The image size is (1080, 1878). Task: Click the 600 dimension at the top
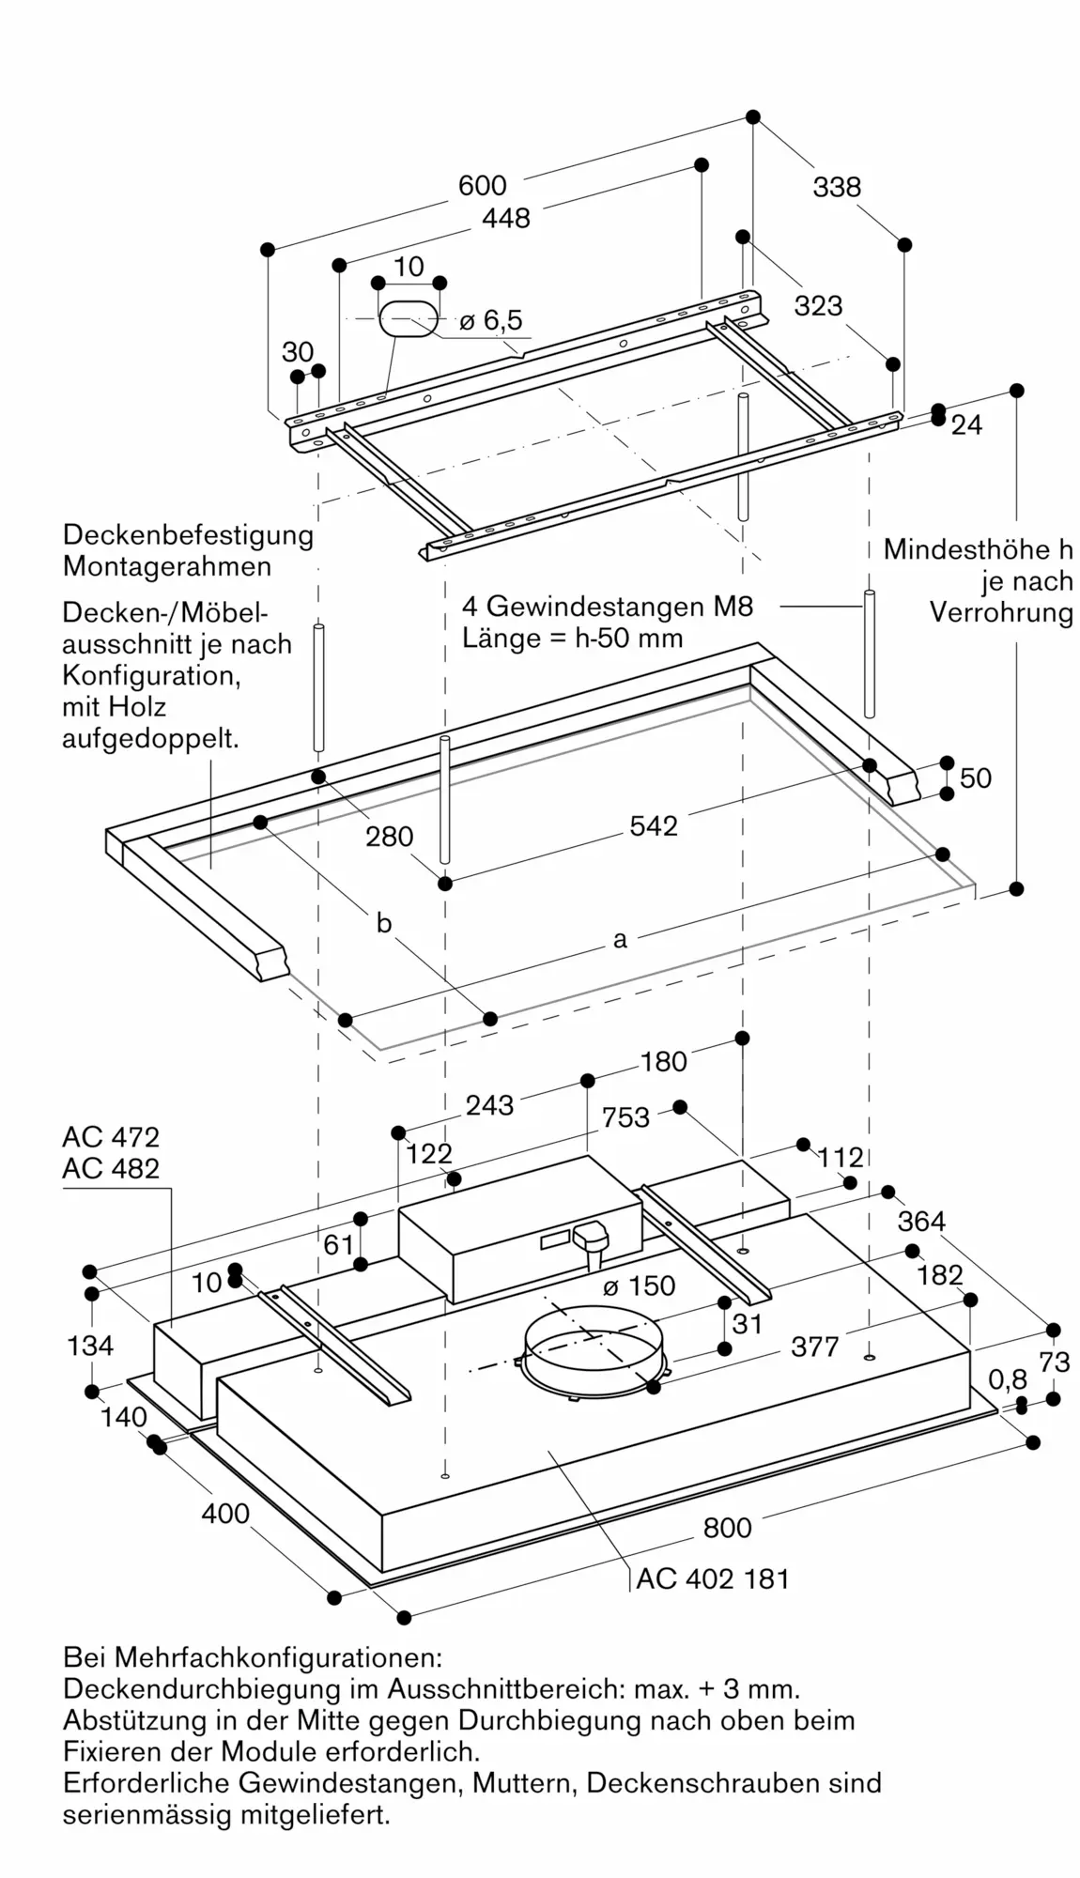coord(482,186)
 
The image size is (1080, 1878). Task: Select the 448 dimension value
coord(505,218)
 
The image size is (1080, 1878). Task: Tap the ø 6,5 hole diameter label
coord(491,321)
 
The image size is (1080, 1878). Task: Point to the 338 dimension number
coord(836,188)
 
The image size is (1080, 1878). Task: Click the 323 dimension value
coord(818,305)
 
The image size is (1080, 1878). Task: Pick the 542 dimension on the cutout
coord(653,825)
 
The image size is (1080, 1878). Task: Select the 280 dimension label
coord(389,836)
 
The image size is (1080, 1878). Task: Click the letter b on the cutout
coord(383,924)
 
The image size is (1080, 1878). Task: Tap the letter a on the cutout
coord(619,939)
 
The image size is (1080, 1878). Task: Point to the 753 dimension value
coord(625,1117)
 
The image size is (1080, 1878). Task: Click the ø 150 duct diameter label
coord(639,1285)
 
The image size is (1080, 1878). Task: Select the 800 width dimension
coord(727,1528)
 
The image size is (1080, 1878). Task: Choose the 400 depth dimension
coord(225,1514)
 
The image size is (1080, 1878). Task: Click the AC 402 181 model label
coord(712,1578)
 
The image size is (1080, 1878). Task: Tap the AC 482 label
coord(111,1168)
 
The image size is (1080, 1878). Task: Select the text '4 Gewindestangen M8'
coord(607,607)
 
